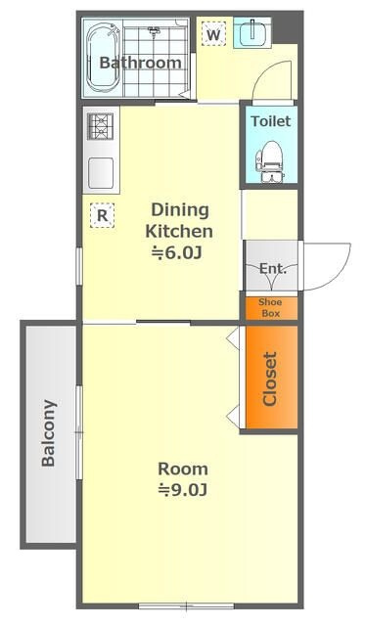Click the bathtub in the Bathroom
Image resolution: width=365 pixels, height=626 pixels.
tap(103, 57)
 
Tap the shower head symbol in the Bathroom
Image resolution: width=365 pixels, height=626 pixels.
tap(155, 30)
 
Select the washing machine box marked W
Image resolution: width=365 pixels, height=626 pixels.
tap(213, 33)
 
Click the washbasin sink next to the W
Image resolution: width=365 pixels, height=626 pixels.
tap(251, 32)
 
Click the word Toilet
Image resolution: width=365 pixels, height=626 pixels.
tap(271, 121)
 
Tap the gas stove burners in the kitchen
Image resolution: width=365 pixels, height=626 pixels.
tap(100, 126)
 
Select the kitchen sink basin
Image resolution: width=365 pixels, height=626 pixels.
tap(101, 173)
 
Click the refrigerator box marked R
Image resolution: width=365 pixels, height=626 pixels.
tap(102, 215)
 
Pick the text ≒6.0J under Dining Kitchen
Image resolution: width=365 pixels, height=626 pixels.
tap(176, 252)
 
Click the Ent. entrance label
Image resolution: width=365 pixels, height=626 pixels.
tap(273, 268)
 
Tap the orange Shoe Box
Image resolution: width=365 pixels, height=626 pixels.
tap(271, 308)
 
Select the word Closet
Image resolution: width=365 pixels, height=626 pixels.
tap(269, 379)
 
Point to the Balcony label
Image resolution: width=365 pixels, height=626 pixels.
tap(49, 432)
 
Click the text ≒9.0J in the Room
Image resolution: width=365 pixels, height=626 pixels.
tap(183, 489)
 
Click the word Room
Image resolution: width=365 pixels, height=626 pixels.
tap(183, 469)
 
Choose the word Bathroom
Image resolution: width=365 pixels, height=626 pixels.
tap(141, 63)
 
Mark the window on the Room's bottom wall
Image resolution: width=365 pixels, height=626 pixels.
tap(186, 606)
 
